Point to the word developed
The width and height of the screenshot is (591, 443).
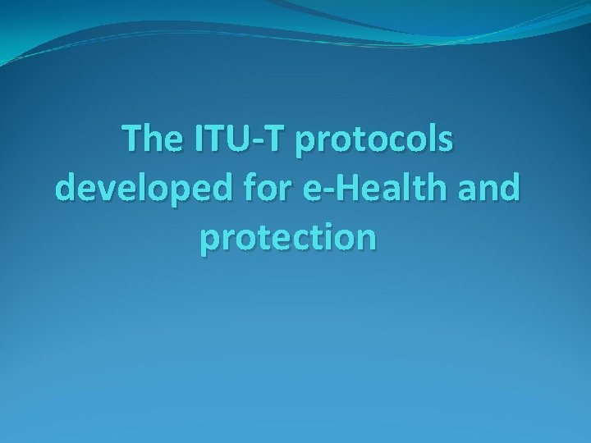point(131,190)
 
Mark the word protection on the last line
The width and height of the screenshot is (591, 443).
point(288,238)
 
